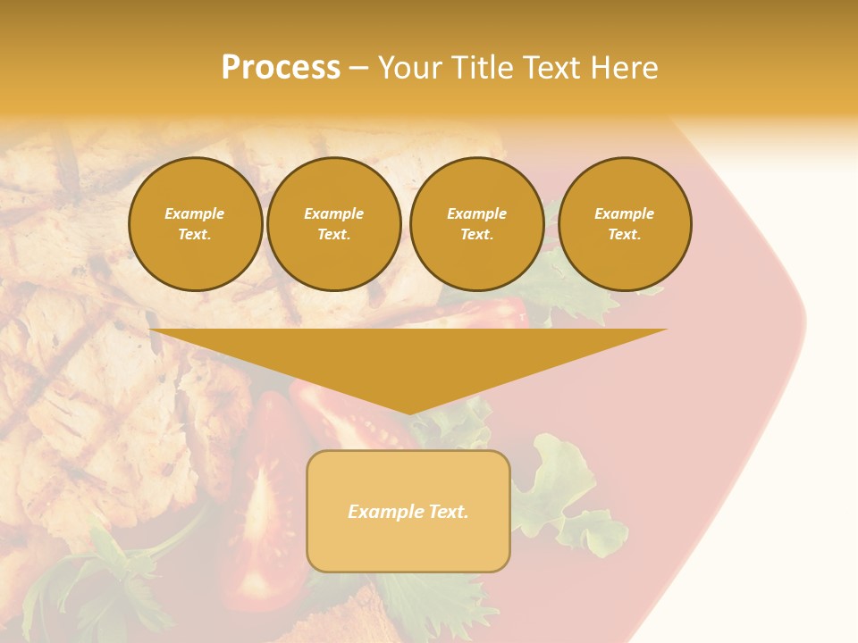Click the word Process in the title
pyautogui.click(x=281, y=68)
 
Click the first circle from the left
pyautogui.click(x=195, y=223)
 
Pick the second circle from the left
pyautogui.click(x=333, y=223)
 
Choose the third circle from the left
pyautogui.click(x=476, y=223)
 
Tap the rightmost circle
pyautogui.click(x=624, y=223)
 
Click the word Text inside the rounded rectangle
pyautogui.click(x=449, y=512)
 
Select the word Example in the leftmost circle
pyautogui.click(x=195, y=213)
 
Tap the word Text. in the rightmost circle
pyautogui.click(x=624, y=234)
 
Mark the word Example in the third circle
pyautogui.click(x=476, y=213)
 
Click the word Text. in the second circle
pyautogui.click(x=333, y=234)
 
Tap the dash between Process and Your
pyautogui.click(x=358, y=68)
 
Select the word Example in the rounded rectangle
pyautogui.click(x=386, y=512)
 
